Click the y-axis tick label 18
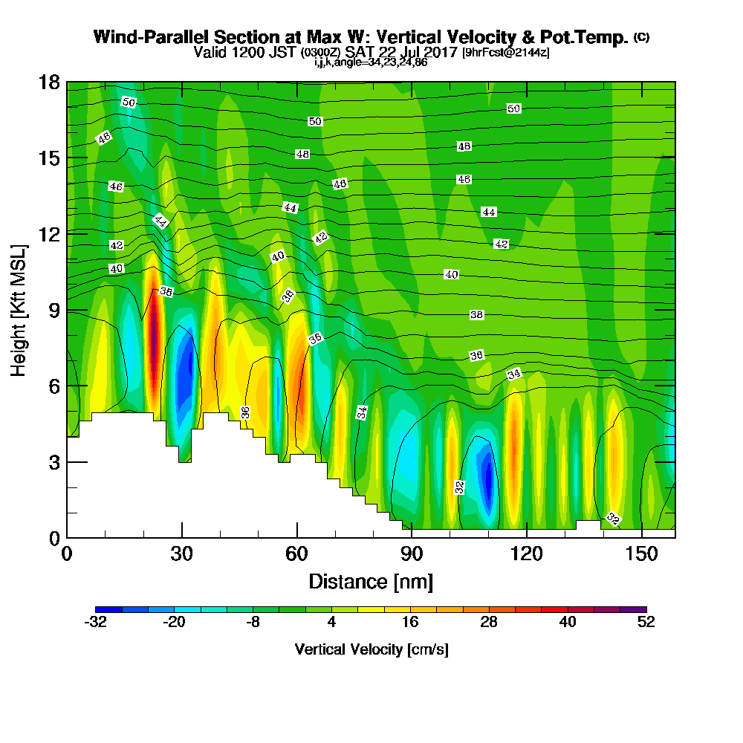49,82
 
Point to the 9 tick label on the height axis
54,311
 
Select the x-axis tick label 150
641,554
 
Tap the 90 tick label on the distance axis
412,554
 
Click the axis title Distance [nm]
371,582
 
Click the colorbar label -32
95,622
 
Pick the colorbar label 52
646,622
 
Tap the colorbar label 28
489,622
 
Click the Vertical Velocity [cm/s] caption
371,649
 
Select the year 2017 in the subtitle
441,52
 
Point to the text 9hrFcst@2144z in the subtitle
506,53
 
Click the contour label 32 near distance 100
459,487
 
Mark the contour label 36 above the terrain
245,412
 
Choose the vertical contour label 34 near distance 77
362,412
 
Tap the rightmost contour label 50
513,108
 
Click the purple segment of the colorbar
634,609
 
